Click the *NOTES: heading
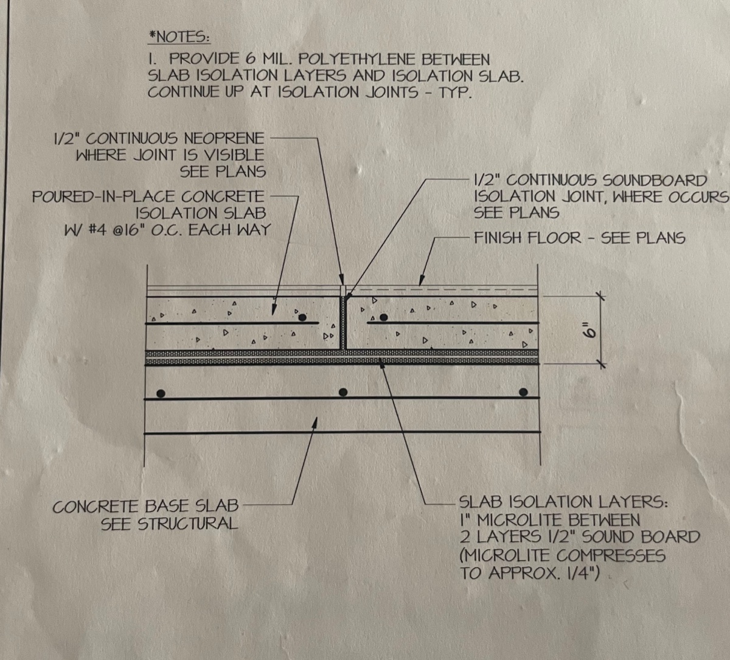(179, 37)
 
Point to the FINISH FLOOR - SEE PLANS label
(579, 237)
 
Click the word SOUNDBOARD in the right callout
(655, 180)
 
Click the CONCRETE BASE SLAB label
(145, 507)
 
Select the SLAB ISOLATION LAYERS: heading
(563, 502)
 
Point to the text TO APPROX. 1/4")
(529, 573)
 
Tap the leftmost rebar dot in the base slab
(161, 393)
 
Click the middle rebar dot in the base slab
(343, 392)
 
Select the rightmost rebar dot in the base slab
(523, 392)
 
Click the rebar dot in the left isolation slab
(302, 317)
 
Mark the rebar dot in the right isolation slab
(383, 317)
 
